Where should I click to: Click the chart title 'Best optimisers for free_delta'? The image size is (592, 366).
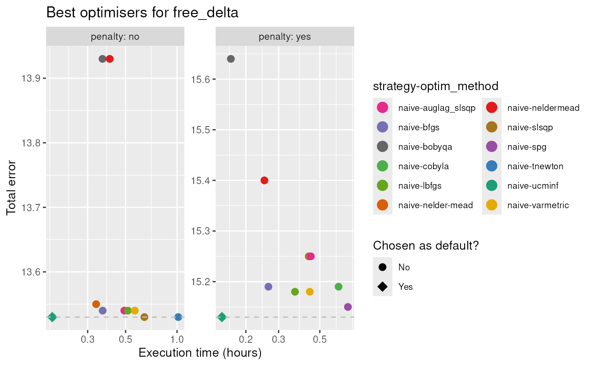click(x=142, y=13)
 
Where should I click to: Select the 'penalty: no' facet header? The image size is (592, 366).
click(x=115, y=37)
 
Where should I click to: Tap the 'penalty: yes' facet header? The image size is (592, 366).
click(x=285, y=37)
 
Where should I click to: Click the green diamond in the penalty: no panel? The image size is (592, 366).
click(x=52, y=317)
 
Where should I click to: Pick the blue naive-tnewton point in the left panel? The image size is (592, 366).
click(x=178, y=317)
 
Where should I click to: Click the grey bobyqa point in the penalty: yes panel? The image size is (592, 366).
click(x=231, y=59)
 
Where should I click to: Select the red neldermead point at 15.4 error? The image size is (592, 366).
click(x=264, y=180)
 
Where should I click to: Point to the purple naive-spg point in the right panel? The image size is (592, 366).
click(x=348, y=307)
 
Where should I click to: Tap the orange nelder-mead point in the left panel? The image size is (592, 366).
click(x=96, y=304)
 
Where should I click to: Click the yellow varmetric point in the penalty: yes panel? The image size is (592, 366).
click(x=310, y=292)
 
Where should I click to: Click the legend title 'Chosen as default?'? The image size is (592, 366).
click(x=425, y=246)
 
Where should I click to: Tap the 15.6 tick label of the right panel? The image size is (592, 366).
click(x=201, y=79)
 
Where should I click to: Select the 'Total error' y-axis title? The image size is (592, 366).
click(x=12, y=187)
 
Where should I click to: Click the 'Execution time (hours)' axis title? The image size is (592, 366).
click(x=200, y=353)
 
